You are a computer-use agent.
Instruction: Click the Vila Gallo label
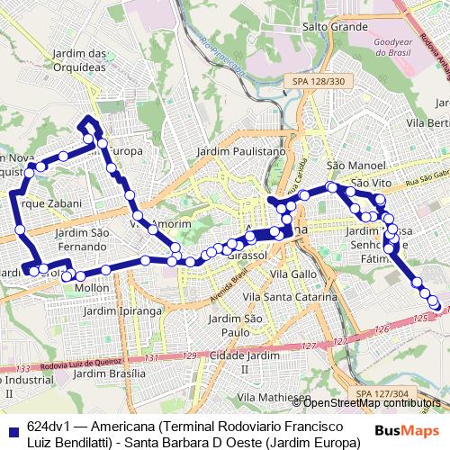tap(293, 273)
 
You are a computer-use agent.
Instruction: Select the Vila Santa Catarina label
tap(296, 296)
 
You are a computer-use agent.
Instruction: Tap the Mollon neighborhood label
tap(92, 287)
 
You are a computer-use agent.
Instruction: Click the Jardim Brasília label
tap(112, 373)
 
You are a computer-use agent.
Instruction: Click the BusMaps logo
tap(408, 430)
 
